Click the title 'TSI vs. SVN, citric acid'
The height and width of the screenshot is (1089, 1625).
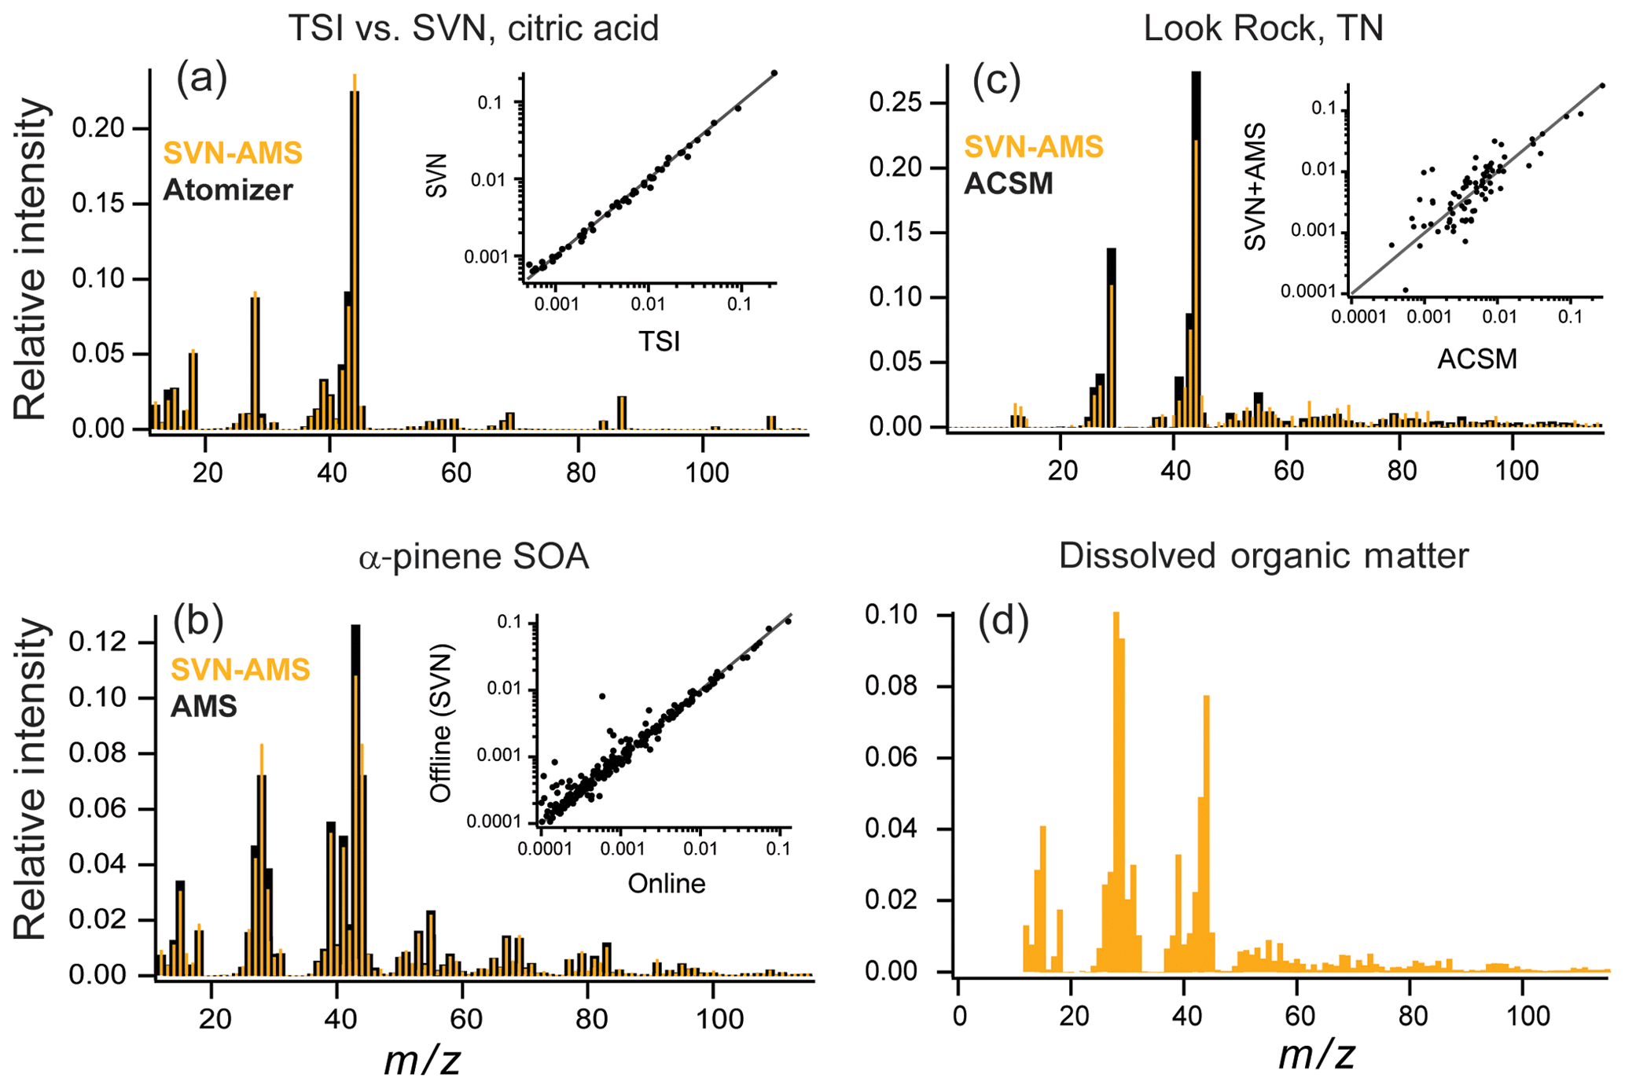[x=473, y=28]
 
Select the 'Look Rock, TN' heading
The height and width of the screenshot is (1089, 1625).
[x=1263, y=28]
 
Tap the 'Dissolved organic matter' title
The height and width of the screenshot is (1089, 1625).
[x=1263, y=556]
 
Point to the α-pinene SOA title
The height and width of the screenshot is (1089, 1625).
[x=473, y=557]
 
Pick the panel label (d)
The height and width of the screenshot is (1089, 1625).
[x=1003, y=622]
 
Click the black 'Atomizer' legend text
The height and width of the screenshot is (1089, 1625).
[x=228, y=189]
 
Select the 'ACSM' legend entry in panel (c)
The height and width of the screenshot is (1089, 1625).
[x=1008, y=183]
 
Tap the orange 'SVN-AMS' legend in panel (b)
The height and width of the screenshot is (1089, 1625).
[x=240, y=670]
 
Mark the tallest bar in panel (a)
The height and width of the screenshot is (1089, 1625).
[x=355, y=259]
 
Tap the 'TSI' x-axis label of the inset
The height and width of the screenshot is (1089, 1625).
[x=659, y=340]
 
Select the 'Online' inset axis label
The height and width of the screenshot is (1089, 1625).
[x=666, y=883]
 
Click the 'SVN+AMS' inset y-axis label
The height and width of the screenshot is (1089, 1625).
[x=1256, y=186]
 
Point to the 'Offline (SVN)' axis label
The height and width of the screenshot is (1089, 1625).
[x=442, y=723]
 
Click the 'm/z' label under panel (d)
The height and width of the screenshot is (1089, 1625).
[x=1316, y=1054]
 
